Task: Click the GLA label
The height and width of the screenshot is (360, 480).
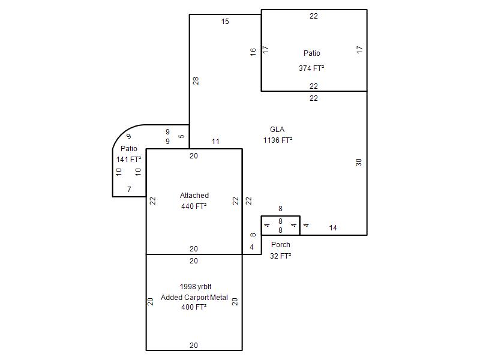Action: tap(277, 130)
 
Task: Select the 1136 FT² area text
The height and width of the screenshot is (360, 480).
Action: tap(278, 140)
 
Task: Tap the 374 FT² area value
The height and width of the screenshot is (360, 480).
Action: tap(311, 68)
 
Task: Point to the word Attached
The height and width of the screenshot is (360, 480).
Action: tap(194, 196)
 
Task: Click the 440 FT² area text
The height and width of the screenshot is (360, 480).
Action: tap(194, 206)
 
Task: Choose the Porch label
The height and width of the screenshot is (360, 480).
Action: tap(280, 245)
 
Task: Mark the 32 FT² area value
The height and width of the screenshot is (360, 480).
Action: tap(280, 256)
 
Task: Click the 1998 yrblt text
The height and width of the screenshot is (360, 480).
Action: tap(196, 287)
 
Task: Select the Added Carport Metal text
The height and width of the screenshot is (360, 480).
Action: tap(194, 297)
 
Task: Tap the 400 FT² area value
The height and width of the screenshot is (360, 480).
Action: tap(194, 307)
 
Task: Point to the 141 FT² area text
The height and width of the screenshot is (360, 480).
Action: tap(128, 159)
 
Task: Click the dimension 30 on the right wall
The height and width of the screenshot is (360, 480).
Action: tap(359, 162)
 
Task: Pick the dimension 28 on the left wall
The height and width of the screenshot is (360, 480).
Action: tap(196, 81)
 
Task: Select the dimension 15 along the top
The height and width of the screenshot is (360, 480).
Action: tap(225, 22)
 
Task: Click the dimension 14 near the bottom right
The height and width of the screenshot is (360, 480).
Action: tap(333, 228)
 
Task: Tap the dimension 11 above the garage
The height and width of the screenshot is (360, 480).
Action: tap(215, 142)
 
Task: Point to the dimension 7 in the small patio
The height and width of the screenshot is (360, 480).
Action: tap(129, 189)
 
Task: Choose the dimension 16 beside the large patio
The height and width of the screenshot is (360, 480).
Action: tap(253, 52)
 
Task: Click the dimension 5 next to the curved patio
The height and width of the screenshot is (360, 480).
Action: tap(181, 136)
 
